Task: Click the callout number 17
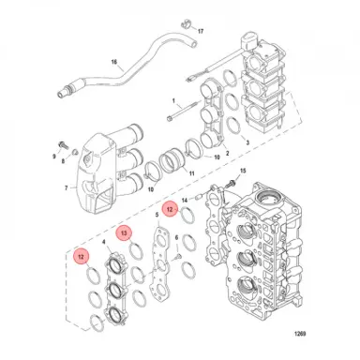[199, 31]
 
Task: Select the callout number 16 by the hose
[115, 64]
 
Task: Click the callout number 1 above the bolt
[172, 97]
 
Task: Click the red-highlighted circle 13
[124, 232]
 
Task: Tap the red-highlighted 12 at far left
[82, 255]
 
